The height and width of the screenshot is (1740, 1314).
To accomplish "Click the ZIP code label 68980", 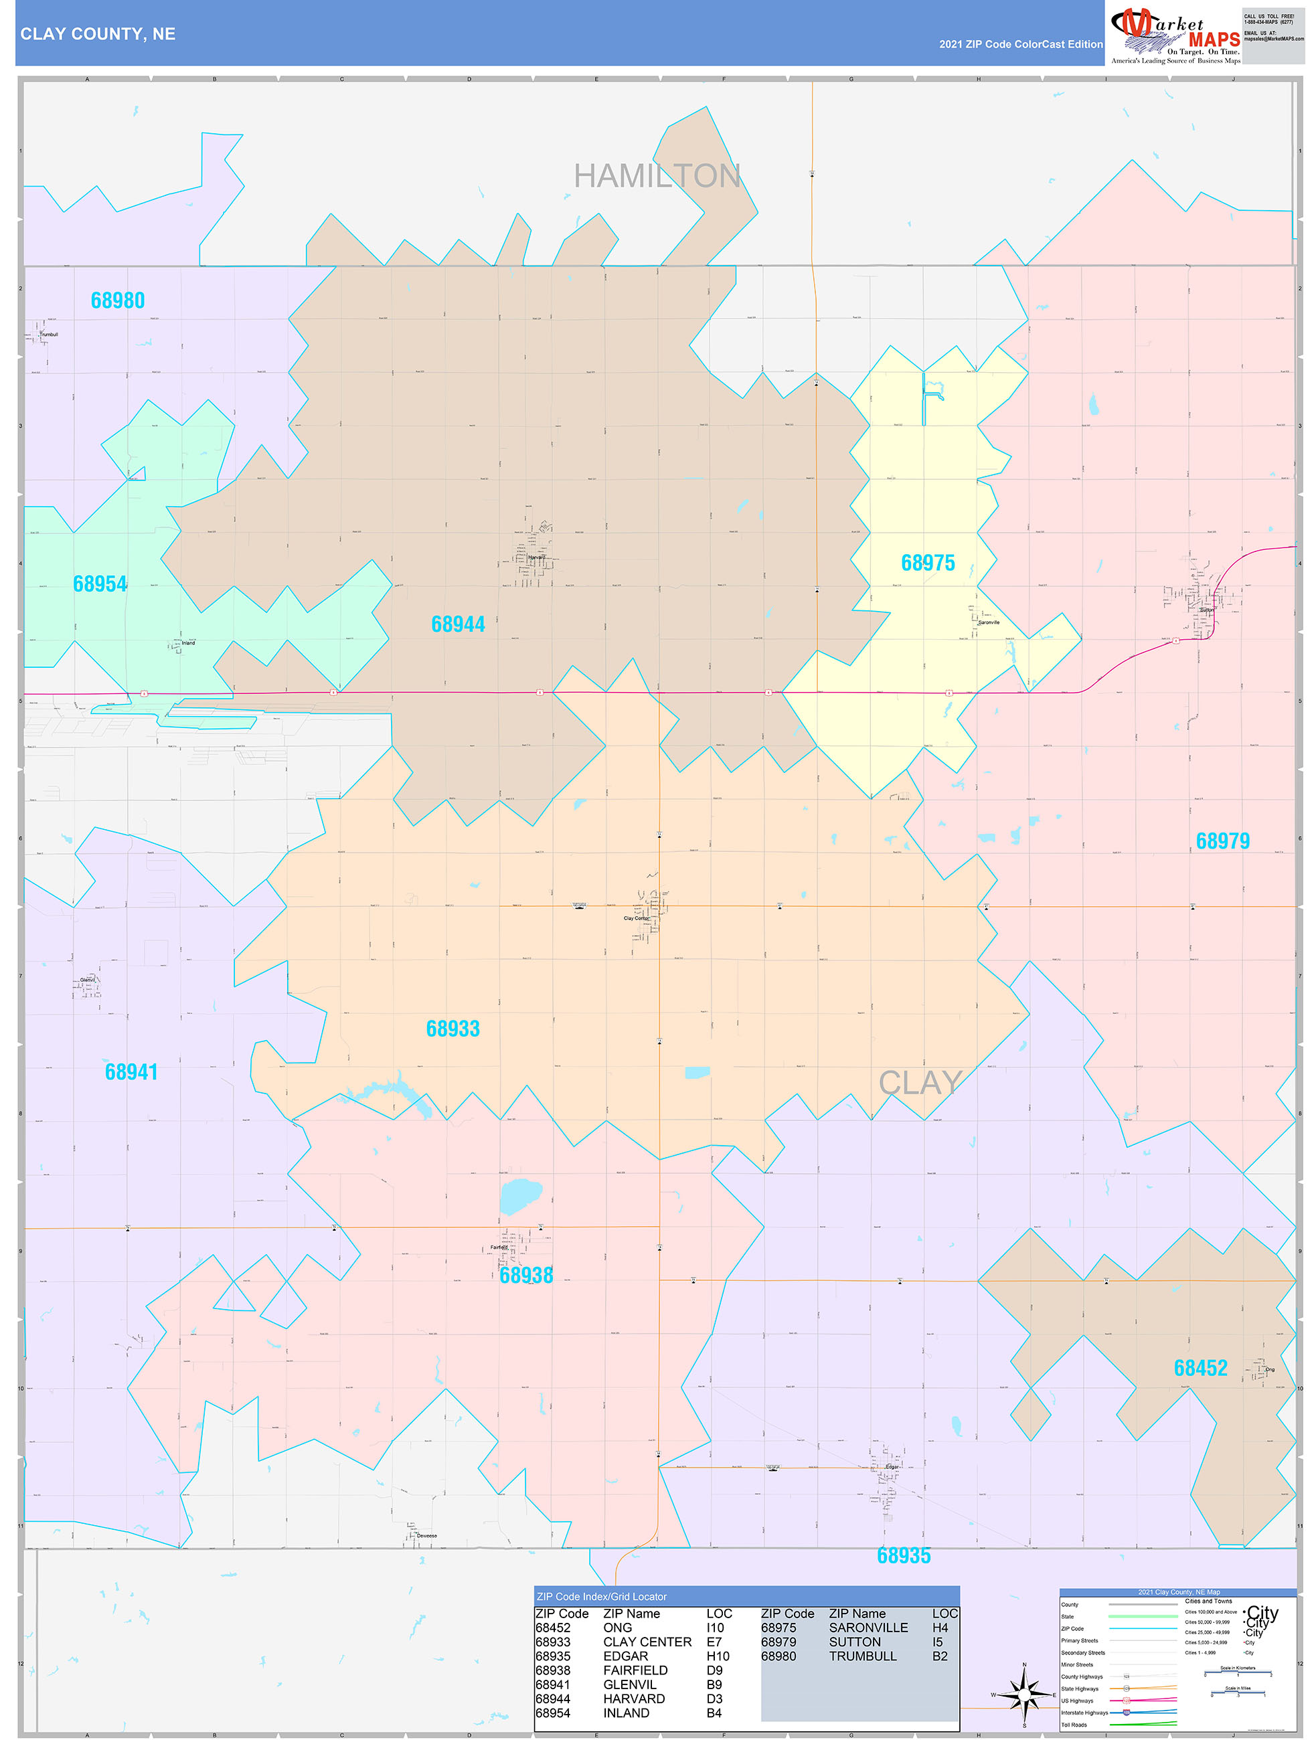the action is coord(118,300).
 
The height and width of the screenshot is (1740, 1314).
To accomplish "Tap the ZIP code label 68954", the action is coord(100,584).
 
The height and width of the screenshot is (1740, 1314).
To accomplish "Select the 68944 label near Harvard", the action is coord(458,624).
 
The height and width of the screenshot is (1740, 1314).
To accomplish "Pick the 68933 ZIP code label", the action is coord(453,1028).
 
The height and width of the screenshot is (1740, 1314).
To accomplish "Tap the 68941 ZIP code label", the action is coord(131,1071).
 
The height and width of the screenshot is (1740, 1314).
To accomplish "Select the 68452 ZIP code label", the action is coord(1200,1368).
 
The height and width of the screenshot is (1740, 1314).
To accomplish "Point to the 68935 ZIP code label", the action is coord(903,1555).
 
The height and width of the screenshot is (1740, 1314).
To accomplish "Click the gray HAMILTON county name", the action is coord(657,176).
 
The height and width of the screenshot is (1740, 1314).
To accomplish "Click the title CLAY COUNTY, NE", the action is coord(98,34).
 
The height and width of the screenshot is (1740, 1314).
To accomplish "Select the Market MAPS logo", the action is coord(1175,35).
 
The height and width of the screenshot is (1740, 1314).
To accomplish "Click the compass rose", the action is coord(1023,1694).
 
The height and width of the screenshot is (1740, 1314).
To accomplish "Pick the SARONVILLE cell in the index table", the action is coord(868,1628).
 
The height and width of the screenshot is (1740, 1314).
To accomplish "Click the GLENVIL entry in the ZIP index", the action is coord(629,1684).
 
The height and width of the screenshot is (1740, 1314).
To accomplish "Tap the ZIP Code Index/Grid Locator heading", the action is coord(601,1596).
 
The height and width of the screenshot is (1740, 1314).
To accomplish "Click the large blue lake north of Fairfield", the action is coord(520,1196).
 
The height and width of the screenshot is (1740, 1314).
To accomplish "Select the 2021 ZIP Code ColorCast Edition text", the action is coord(1021,44).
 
